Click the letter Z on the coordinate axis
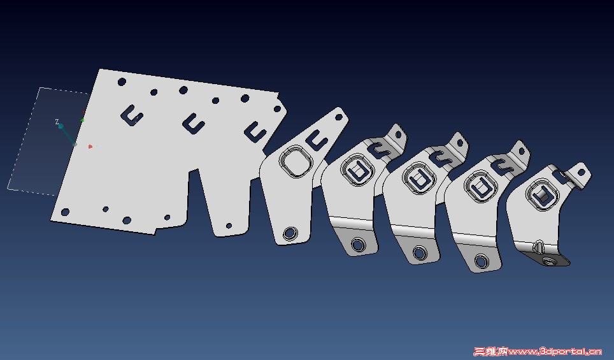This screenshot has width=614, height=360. point(57,122)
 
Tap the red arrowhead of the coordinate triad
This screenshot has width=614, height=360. point(90,147)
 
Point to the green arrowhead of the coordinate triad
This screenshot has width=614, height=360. point(83,119)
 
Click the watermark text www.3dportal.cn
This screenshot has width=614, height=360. point(555,351)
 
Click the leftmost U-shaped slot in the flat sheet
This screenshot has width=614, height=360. point(132,115)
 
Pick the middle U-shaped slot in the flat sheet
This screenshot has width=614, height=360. point(194,124)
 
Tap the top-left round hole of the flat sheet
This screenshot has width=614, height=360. point(122,82)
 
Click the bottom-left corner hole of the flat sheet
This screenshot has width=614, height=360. point(66,212)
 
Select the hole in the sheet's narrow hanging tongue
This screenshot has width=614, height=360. point(229,226)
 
